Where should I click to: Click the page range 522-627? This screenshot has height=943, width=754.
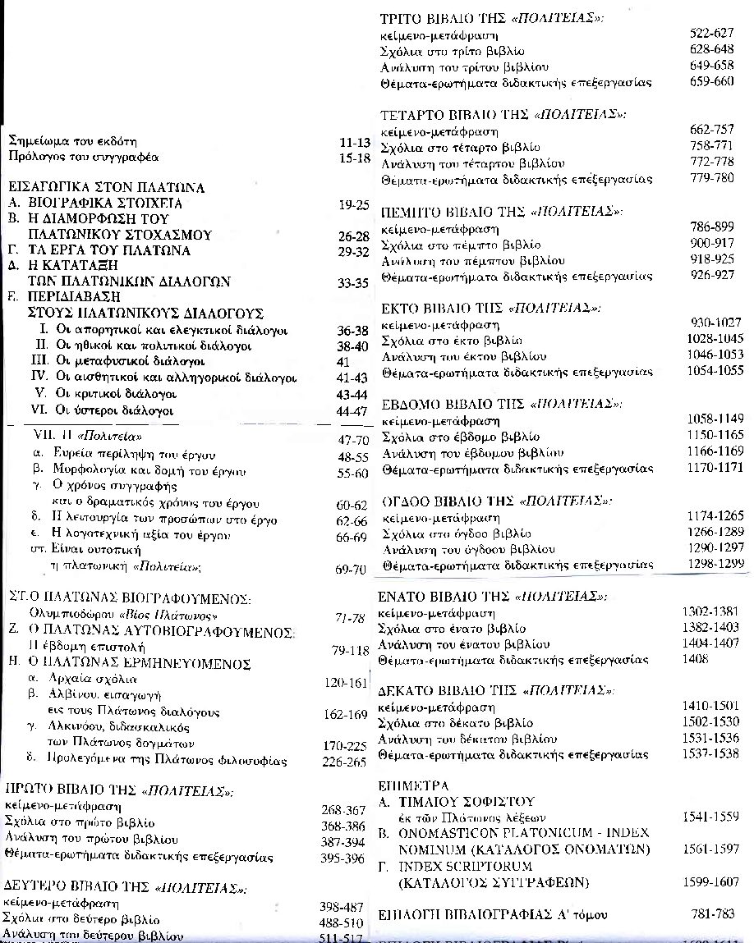pos(710,35)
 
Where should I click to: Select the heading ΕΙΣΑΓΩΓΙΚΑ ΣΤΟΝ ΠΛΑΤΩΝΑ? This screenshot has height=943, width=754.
pos(105,187)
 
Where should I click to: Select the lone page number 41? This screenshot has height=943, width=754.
pos(344,361)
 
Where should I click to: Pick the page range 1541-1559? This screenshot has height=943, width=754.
pos(710,817)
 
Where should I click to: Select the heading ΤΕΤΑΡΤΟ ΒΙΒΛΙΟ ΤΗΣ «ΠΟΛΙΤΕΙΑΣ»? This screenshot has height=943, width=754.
pos(504,114)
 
